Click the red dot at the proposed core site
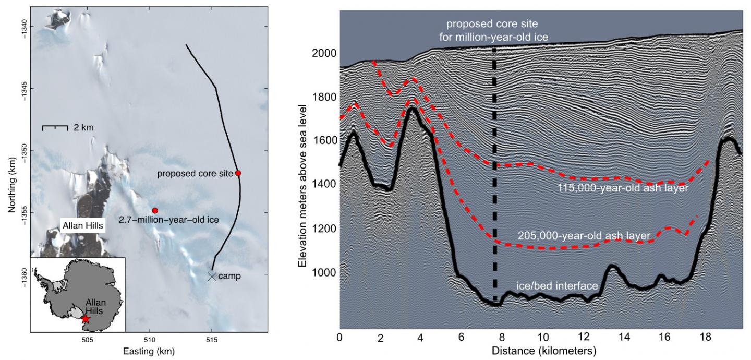(238, 173)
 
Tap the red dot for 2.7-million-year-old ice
(155, 210)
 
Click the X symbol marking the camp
(212, 276)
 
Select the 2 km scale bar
(55, 127)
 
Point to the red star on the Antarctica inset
(86, 319)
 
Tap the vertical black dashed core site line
(494, 172)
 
